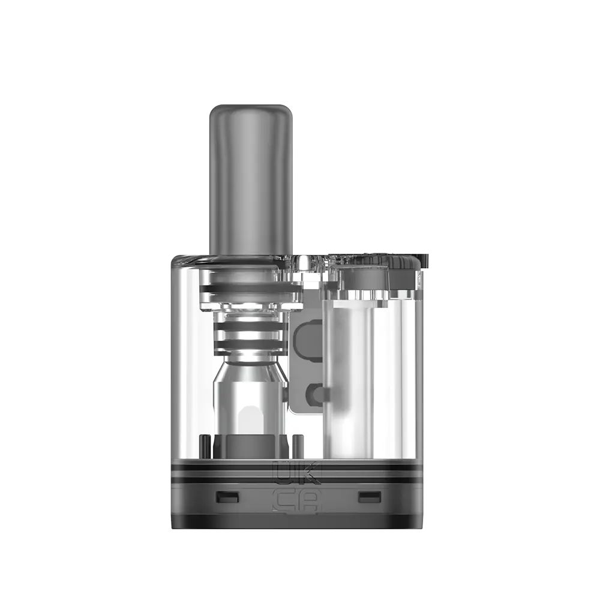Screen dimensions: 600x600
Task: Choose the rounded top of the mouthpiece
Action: coord(250,111)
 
